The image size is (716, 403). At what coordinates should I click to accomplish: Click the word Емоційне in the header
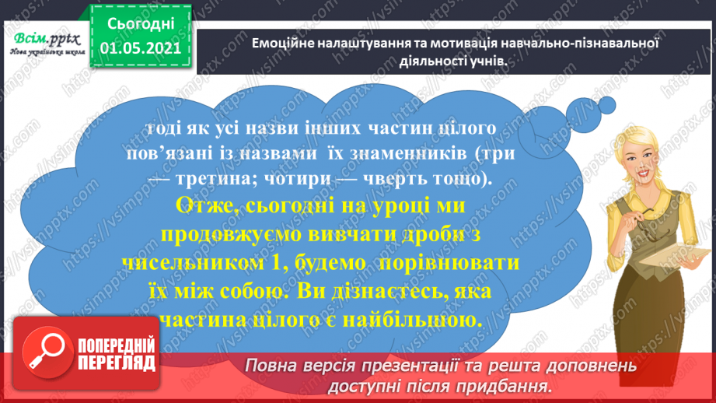pos(285,44)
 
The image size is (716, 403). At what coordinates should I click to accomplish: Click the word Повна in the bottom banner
pos(271,366)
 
